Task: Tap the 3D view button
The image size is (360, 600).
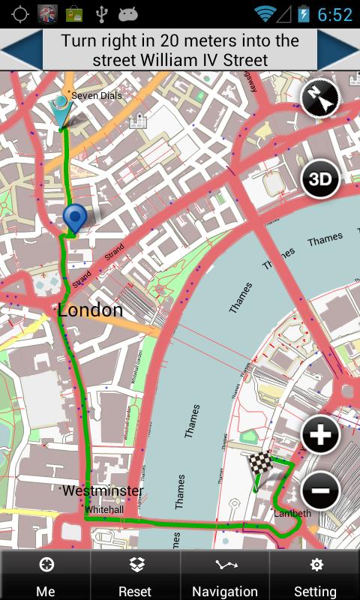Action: [321, 179]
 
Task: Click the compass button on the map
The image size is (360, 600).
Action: [321, 97]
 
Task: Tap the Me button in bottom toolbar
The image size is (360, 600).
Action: [45, 576]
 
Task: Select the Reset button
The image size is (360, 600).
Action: [135, 576]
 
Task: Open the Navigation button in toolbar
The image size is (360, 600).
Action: [224, 576]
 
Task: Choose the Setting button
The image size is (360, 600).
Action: [315, 576]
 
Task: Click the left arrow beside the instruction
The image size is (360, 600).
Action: [20, 50]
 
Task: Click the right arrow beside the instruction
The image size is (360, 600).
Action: [339, 50]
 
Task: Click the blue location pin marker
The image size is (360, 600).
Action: [74, 217]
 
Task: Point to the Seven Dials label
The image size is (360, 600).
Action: [96, 96]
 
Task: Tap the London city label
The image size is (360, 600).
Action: [90, 310]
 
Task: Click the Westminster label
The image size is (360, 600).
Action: [103, 490]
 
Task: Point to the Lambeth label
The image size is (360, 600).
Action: [292, 513]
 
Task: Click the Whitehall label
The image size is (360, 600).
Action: [103, 509]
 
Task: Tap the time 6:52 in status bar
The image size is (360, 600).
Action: [334, 14]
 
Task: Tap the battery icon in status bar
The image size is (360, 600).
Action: [304, 13]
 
